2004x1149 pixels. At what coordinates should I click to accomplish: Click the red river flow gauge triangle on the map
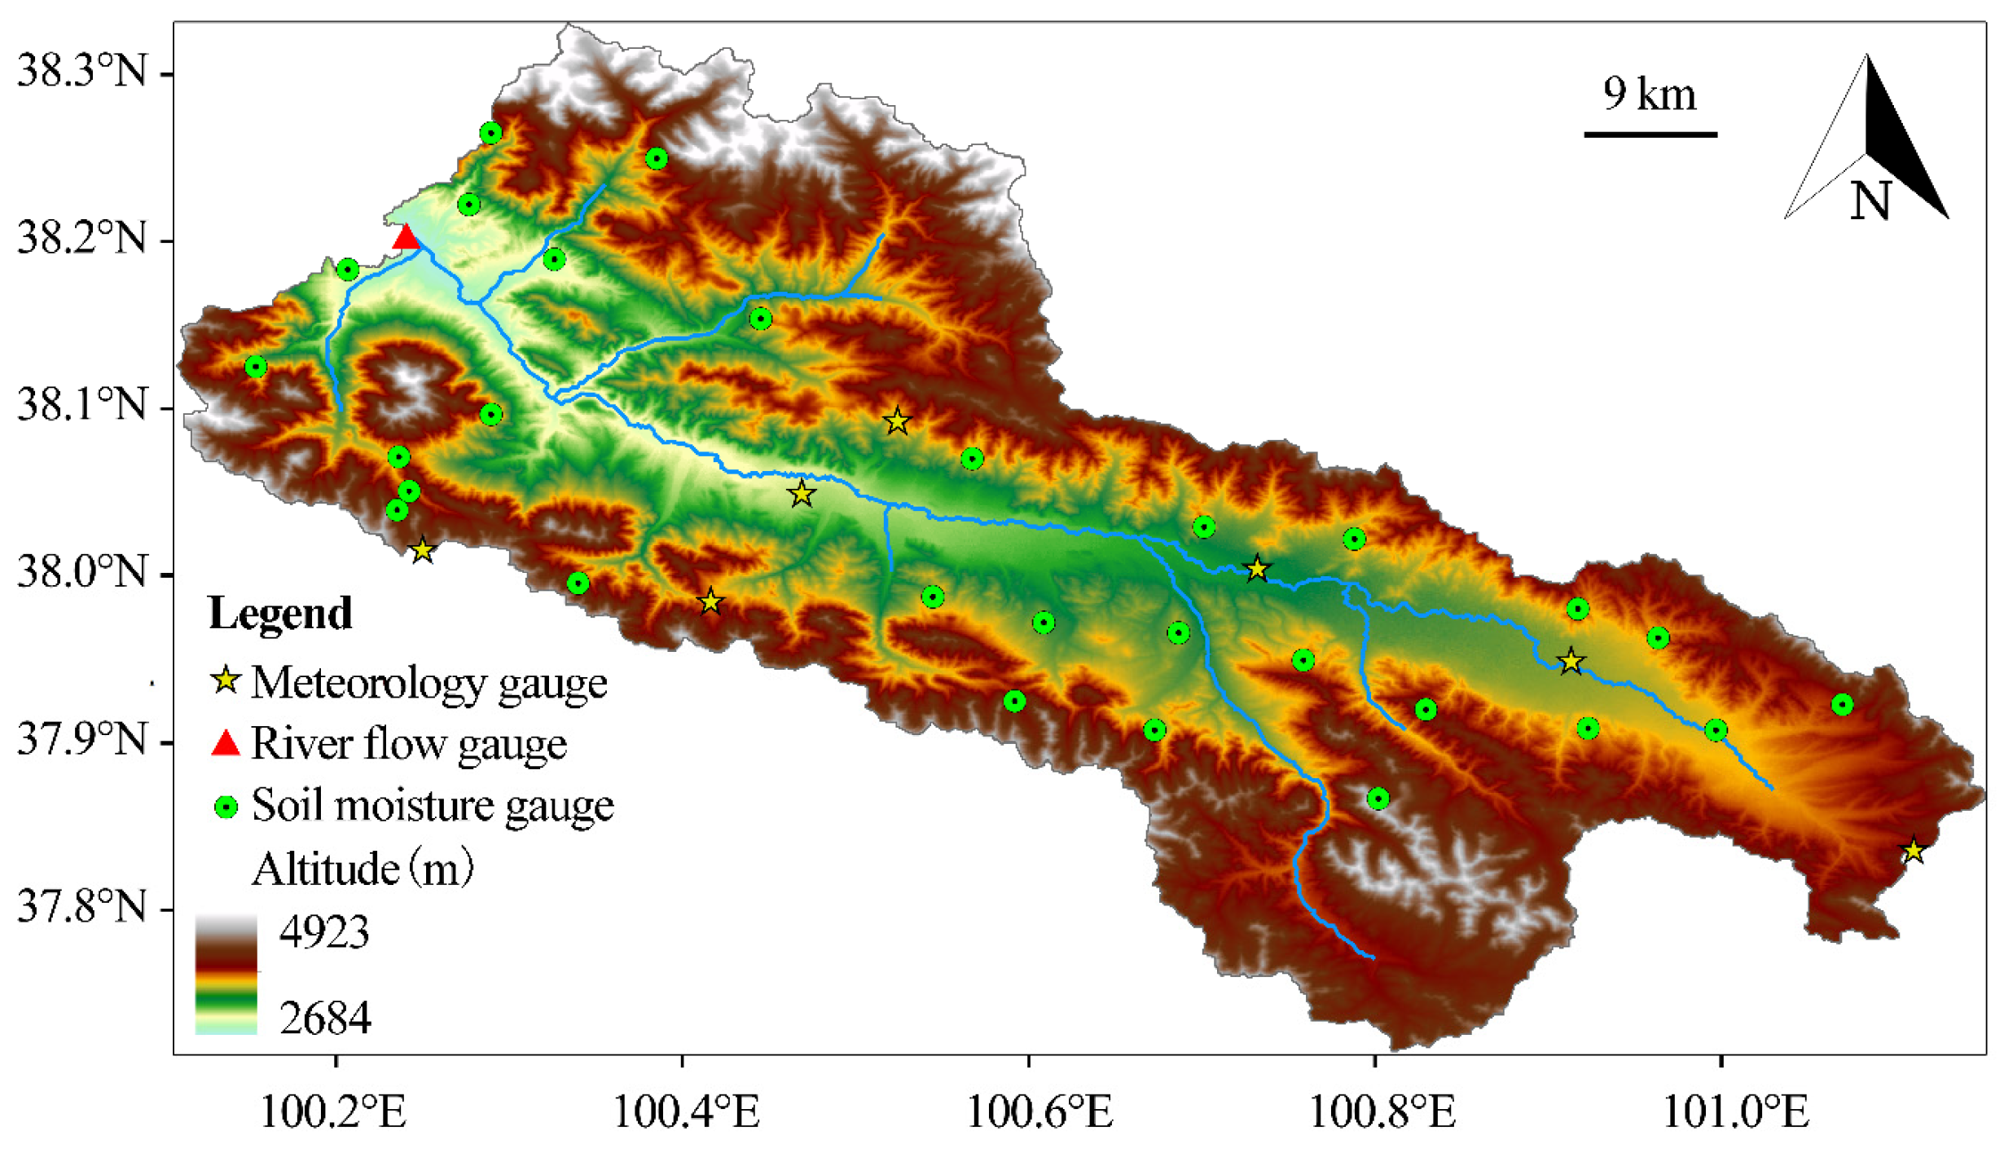pyautogui.click(x=406, y=238)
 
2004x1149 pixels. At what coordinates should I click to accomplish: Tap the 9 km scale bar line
pyautogui.click(x=1650, y=134)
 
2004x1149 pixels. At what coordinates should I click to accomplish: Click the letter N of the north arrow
pyautogui.click(x=1870, y=200)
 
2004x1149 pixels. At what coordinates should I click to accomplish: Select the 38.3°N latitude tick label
pyautogui.click(x=81, y=72)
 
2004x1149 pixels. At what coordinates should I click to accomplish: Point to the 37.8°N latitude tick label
pyautogui.click(x=81, y=906)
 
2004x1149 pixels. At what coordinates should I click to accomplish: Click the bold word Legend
pyautogui.click(x=280, y=613)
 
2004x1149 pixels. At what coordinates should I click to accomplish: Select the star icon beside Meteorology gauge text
pyautogui.click(x=226, y=680)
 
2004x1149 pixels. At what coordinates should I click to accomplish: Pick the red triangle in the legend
pyautogui.click(x=226, y=743)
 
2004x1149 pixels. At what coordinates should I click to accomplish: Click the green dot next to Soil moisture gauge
pyautogui.click(x=226, y=807)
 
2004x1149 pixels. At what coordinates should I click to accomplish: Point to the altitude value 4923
pyautogui.click(x=323, y=931)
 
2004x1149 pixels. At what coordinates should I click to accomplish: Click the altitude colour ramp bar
pyautogui.click(x=226, y=975)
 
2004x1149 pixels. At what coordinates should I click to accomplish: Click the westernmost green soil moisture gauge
pyautogui.click(x=256, y=367)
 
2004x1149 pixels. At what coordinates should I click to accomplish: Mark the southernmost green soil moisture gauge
pyautogui.click(x=1378, y=798)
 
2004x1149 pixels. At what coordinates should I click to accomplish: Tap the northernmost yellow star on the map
pyautogui.click(x=897, y=421)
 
